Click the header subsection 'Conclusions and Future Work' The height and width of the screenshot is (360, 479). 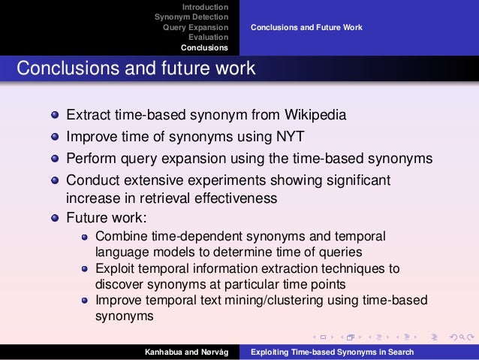(x=306, y=27)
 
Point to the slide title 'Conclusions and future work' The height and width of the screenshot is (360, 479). (x=136, y=68)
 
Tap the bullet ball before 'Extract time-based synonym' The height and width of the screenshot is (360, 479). (x=56, y=117)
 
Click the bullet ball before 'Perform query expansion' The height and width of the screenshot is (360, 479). (x=56, y=159)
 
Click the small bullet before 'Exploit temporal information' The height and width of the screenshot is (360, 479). (x=85, y=268)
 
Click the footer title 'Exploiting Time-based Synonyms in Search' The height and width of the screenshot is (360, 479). (x=331, y=352)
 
